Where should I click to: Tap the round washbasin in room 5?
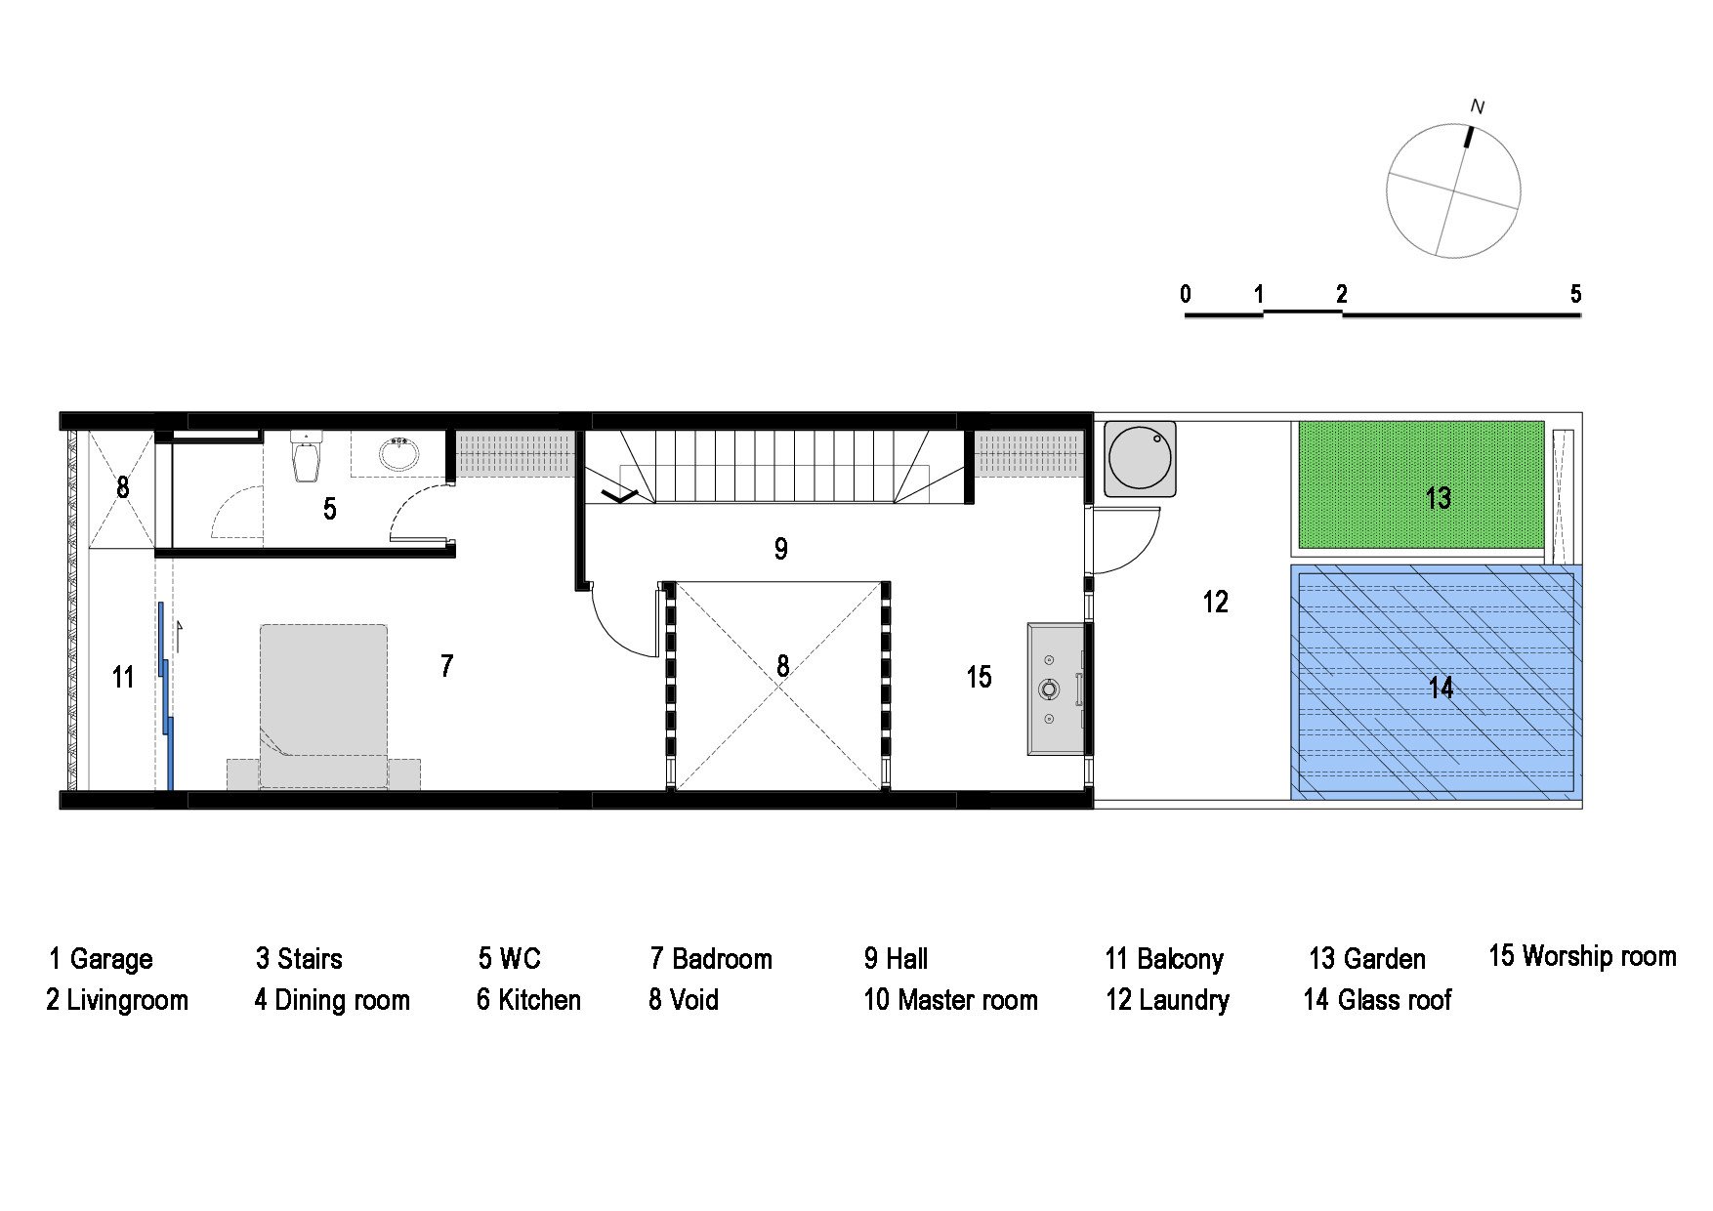point(399,454)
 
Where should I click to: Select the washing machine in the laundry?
point(1139,459)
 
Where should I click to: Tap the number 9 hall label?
point(780,549)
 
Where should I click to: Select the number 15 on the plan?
point(979,677)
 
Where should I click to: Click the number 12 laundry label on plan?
point(1215,602)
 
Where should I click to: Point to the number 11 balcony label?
point(122,677)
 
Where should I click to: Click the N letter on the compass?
point(1478,107)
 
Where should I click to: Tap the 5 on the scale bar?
point(1575,294)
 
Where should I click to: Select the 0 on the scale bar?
point(1186,294)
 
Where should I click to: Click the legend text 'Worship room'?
point(1599,955)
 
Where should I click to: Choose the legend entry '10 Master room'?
point(950,1000)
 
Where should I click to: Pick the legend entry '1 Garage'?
point(101,958)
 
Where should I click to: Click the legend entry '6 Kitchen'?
point(528,1000)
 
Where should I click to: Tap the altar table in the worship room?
point(1055,689)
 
